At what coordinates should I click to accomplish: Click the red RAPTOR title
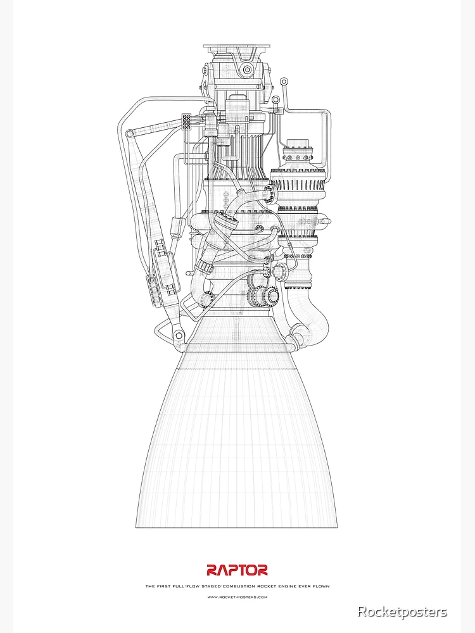click(237, 570)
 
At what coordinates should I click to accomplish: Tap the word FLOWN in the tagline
click(320, 587)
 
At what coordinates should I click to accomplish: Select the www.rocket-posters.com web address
click(237, 597)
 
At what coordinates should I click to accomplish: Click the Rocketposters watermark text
click(402, 611)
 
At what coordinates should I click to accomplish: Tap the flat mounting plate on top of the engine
click(237, 46)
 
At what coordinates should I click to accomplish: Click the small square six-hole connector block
click(187, 121)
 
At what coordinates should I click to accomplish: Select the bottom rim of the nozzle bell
click(236, 527)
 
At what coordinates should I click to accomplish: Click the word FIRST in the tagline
click(163, 587)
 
